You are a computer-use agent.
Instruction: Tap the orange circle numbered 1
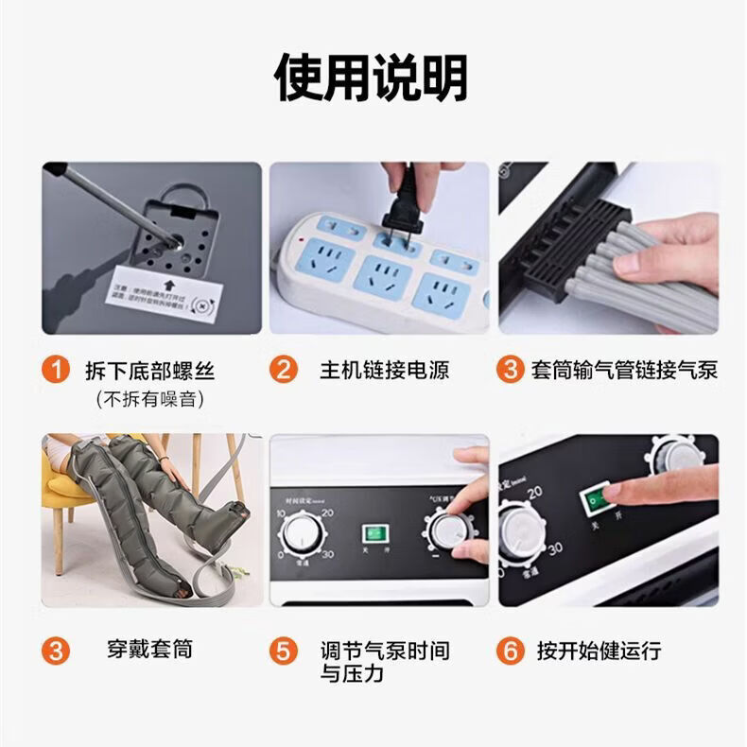click(59, 369)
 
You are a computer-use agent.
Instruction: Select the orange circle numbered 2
click(283, 369)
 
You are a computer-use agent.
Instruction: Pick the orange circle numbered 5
click(283, 651)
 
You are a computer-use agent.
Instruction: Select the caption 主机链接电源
click(384, 369)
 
